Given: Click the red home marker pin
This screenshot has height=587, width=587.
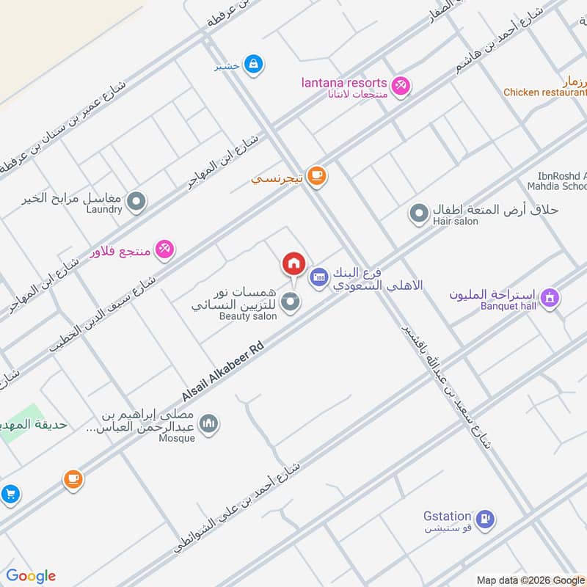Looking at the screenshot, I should coord(293,263).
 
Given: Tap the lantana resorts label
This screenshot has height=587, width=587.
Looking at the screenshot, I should coord(343,81).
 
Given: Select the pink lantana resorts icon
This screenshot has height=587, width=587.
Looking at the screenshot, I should coord(401,86).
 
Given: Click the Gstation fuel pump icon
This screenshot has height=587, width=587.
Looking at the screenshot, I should coord(484,520).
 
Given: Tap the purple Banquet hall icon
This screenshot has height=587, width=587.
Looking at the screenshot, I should coord(549,298).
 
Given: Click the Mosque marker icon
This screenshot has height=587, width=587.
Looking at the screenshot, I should coord(209,424).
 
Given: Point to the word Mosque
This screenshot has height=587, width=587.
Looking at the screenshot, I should coord(177,438).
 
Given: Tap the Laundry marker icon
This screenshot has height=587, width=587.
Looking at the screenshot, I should coord(136,200).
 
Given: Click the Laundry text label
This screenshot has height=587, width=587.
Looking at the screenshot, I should coord(103,210).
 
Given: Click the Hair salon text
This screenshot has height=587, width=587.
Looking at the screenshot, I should coord(455,222).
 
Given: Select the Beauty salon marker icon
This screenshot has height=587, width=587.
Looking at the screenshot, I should coord(291,302).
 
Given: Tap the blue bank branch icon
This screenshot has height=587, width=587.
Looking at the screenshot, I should coord(319,277).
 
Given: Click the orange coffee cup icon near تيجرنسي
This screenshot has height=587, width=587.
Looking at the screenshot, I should coord(317,175).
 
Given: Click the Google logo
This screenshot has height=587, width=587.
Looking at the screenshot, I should coord(31,576).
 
